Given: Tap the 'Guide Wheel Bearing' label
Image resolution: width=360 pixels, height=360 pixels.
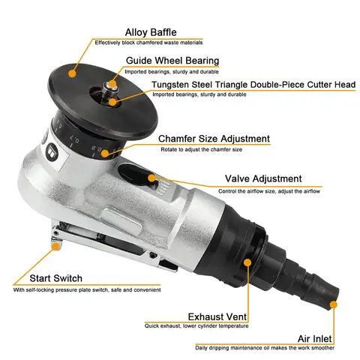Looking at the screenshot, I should click(x=172, y=61).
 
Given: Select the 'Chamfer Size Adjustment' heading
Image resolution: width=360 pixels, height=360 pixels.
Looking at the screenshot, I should click(x=214, y=138).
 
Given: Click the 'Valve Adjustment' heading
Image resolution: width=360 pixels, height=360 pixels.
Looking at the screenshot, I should click(x=263, y=178).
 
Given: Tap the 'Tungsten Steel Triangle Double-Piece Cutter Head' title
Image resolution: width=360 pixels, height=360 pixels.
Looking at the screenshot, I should click(x=252, y=84).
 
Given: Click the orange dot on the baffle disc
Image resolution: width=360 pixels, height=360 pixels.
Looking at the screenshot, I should click(x=72, y=73).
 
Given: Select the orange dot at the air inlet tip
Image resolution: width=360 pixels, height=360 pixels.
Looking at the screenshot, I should click(x=334, y=304).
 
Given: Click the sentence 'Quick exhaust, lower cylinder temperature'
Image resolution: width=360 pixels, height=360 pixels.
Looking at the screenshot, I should click(x=197, y=325).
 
